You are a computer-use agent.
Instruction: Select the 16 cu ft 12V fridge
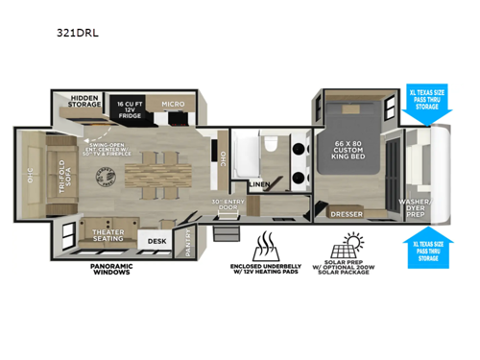tap(131, 108)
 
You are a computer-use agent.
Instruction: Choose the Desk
tap(156, 240)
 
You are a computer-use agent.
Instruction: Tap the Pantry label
tap(185, 241)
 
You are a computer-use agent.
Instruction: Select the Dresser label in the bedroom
tap(345, 214)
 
